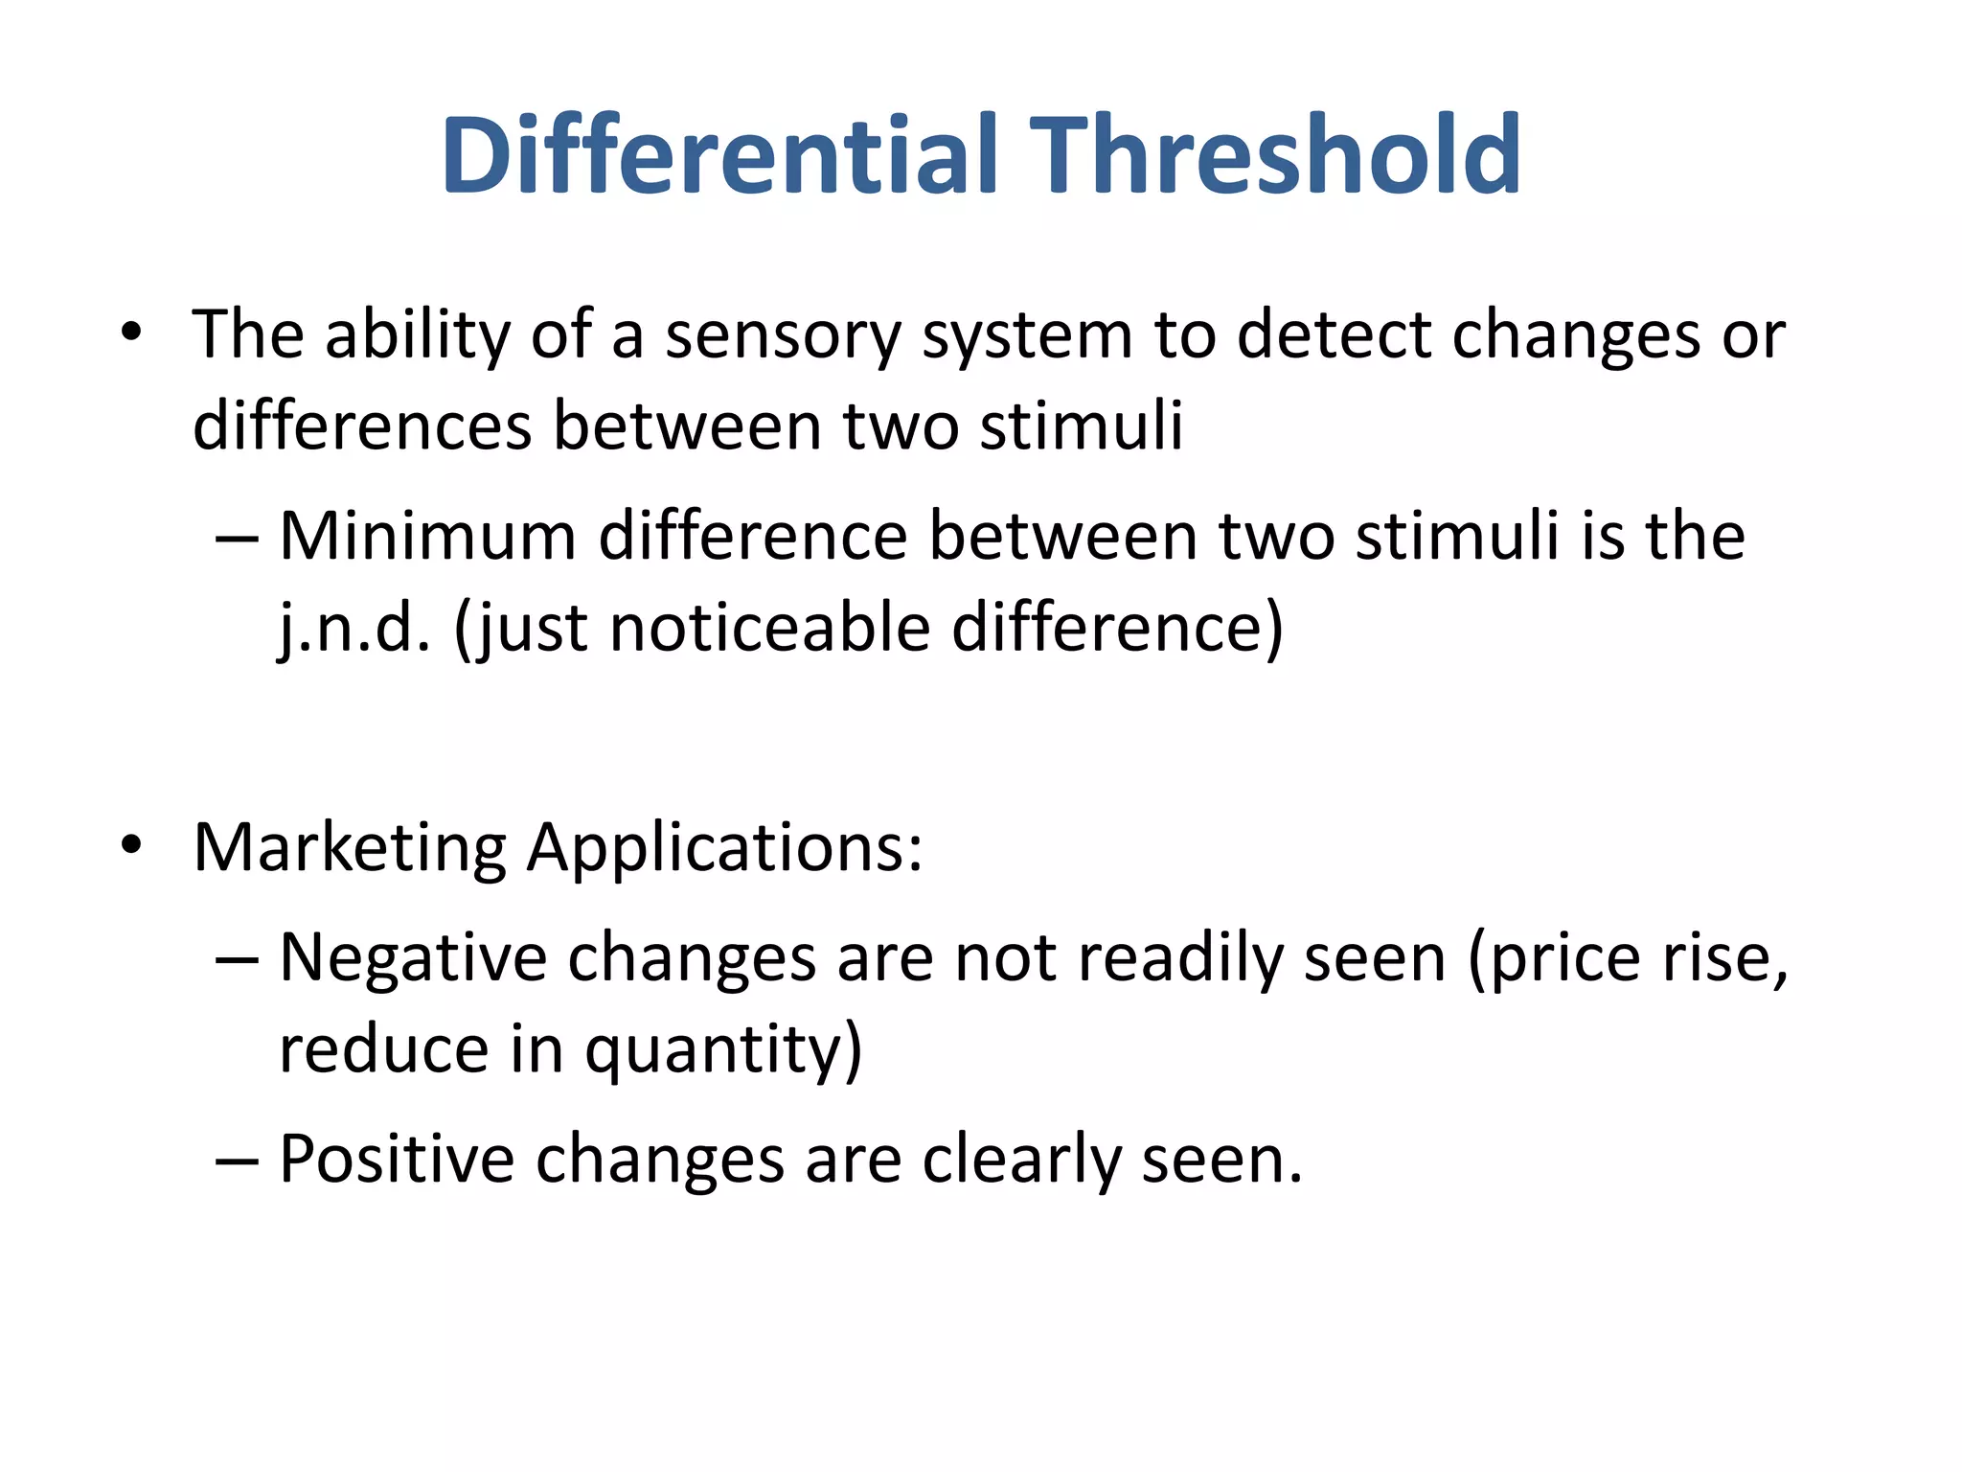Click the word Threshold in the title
1280,155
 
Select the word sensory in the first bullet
783,337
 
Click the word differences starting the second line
362,426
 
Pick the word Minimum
427,536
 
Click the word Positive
397,1160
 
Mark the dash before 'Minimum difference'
237,538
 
